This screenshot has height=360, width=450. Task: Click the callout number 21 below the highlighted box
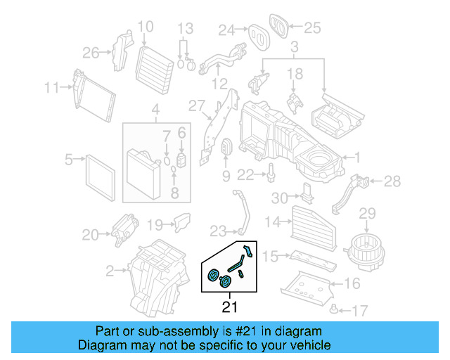pos(229,307)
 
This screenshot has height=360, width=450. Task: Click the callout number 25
pos(311,27)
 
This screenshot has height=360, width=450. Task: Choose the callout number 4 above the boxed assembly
pos(155,110)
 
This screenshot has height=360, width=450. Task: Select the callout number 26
pos(91,52)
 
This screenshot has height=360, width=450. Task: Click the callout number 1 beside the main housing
pos(356,158)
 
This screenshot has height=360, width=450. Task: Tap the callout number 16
pos(352,283)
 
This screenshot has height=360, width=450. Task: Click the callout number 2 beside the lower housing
pos(110,270)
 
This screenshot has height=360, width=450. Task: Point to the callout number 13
pos(184,29)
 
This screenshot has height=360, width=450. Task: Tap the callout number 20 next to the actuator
pos(91,234)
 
